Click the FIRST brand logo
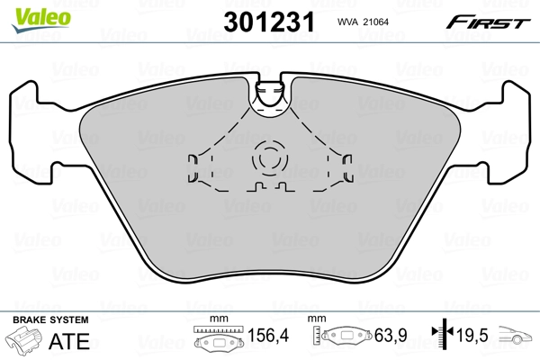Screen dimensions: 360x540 [x=490, y=22]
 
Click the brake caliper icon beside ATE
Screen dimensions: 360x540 [x=26, y=342]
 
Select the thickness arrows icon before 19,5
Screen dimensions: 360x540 [x=441, y=337]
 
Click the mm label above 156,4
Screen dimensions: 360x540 [x=216, y=319]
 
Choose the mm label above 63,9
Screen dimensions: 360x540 [x=317, y=319]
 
